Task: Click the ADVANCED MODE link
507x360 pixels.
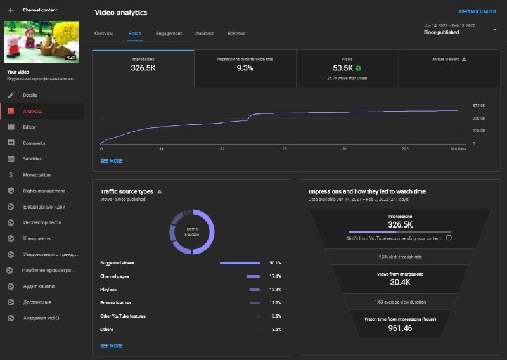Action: pos(477,11)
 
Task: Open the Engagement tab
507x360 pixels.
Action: pos(169,33)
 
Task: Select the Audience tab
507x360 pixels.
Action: pos(205,33)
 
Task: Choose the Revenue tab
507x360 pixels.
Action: pos(236,33)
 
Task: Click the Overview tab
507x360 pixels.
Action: pos(104,33)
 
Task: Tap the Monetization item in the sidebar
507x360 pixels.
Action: pos(36,175)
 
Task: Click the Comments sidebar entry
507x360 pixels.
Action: pos(34,143)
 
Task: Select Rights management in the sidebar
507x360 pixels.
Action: pos(44,191)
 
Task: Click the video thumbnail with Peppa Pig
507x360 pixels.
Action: pos(41,41)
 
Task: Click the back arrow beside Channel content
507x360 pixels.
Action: pos(11,10)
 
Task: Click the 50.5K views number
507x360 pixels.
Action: pos(343,68)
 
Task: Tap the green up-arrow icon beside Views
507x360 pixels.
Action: pos(359,68)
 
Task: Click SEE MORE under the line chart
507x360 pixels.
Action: pos(112,161)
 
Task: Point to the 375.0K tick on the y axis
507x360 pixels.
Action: pos(478,106)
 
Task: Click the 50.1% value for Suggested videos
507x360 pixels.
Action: pos(275,263)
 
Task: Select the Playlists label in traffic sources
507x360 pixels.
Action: pos(108,290)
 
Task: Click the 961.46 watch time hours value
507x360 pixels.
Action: pos(400,328)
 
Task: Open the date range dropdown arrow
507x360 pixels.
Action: pos(494,29)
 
